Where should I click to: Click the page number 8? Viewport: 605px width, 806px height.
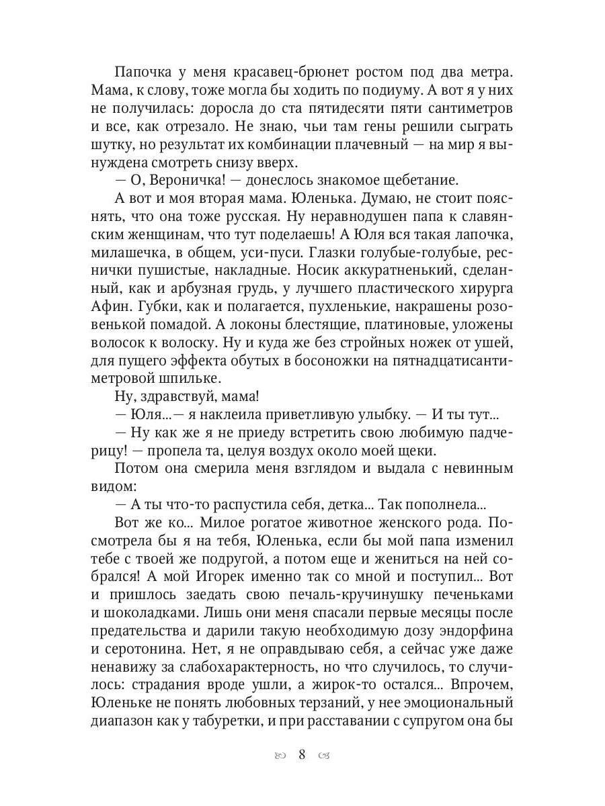pos(302,754)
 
